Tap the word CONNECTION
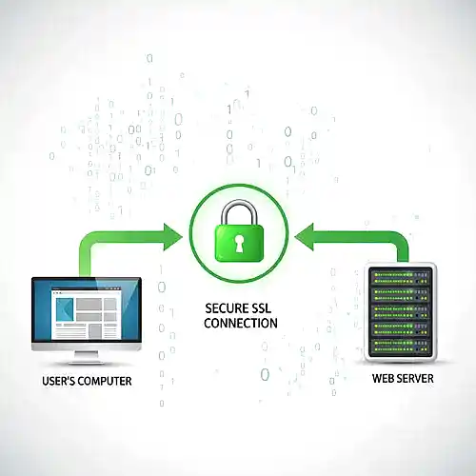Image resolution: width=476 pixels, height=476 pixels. [241, 324]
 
